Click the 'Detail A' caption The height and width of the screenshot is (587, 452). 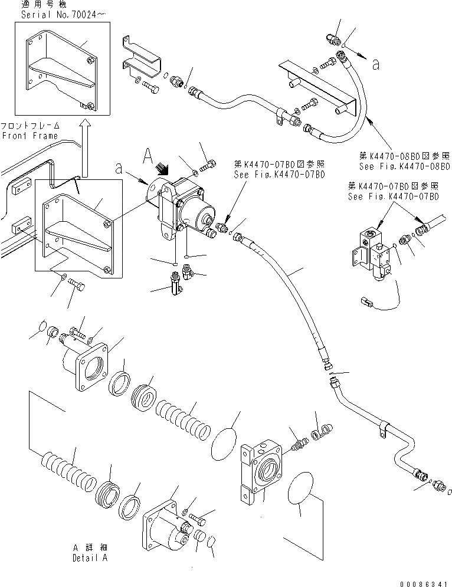tap(91, 558)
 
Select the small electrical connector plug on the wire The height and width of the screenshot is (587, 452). tap(365, 305)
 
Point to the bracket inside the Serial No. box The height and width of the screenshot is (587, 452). tap(59, 68)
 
